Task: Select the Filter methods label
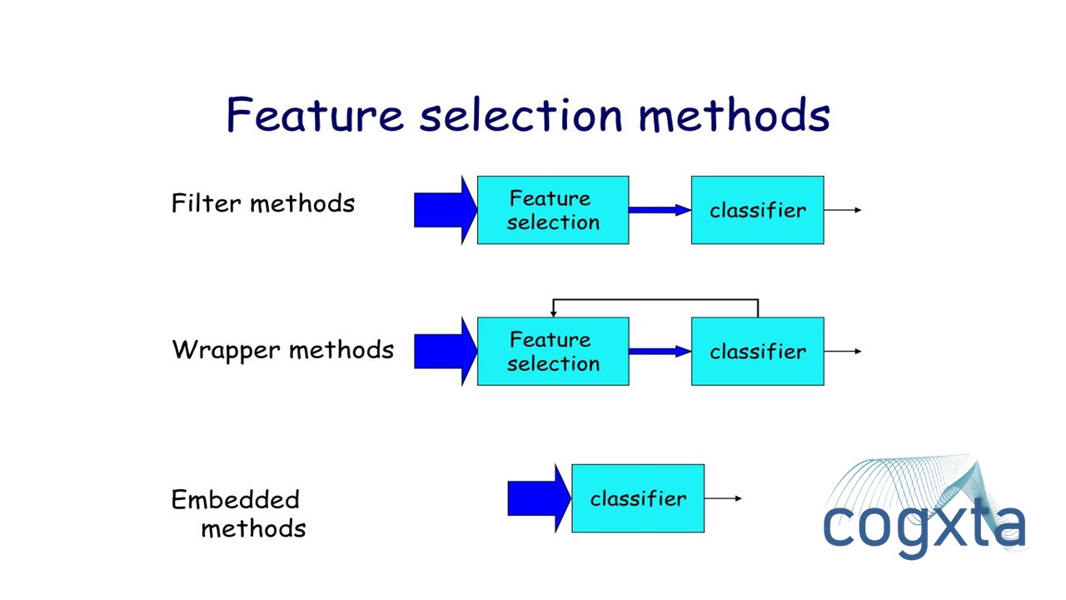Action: [262, 203]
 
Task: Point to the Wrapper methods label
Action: [282, 349]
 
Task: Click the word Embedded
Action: [235, 499]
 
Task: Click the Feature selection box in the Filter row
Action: [552, 210]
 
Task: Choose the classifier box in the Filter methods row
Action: [757, 210]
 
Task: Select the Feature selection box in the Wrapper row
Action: [552, 351]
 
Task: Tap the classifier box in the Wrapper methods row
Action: [757, 351]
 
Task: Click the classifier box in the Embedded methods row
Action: [638, 498]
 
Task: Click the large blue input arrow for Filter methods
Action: [444, 210]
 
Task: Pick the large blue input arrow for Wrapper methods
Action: [444, 351]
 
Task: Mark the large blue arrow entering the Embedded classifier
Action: [538, 498]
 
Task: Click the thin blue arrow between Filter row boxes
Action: [659, 210]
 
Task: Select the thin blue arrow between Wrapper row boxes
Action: [659, 351]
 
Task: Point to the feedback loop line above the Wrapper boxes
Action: [655, 300]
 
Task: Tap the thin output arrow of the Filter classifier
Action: [842, 210]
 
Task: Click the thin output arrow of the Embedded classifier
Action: [723, 498]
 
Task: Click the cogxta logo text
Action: [924, 525]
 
